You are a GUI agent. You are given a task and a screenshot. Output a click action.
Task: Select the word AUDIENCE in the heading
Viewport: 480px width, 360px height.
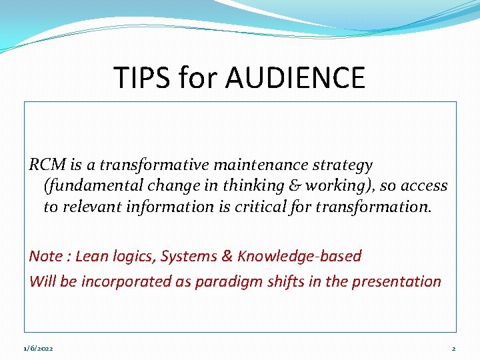pyautogui.click(x=295, y=77)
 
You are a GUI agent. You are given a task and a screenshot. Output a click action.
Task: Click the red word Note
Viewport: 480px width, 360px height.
pyautogui.click(x=45, y=256)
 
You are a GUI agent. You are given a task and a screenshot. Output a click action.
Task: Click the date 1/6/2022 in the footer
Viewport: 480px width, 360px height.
pyautogui.click(x=37, y=349)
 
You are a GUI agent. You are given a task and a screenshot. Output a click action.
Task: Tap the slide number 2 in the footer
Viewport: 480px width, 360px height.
pyautogui.click(x=453, y=349)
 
